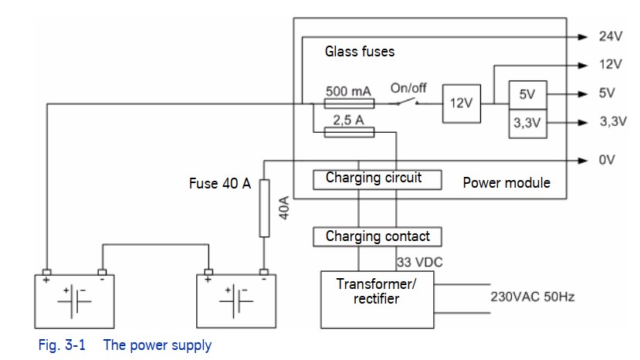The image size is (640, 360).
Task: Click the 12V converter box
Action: click(462, 104)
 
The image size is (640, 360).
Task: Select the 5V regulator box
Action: click(528, 95)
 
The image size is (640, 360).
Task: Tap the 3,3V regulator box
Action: click(528, 124)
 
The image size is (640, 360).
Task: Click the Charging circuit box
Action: click(378, 180)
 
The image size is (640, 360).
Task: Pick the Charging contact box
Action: click(378, 236)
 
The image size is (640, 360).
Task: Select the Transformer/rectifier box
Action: click(378, 300)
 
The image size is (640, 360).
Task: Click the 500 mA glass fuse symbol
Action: click(349, 104)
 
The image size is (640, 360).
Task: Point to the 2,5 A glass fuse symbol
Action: click(349, 132)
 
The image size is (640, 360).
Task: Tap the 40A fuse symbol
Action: click(265, 209)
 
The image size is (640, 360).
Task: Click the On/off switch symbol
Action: click(408, 102)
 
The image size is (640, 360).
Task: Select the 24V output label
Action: click(611, 36)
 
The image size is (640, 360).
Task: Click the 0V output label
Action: click(607, 160)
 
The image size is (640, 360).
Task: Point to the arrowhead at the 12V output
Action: click(583, 66)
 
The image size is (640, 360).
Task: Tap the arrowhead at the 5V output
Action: click(583, 94)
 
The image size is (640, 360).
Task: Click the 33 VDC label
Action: click(420, 262)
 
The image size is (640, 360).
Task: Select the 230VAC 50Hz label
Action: click(532, 297)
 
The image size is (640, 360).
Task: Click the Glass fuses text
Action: click(360, 52)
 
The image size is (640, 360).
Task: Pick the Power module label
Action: click(506, 182)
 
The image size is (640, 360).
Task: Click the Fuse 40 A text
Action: click(219, 183)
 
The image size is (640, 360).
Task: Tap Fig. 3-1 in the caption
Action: click(62, 345)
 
